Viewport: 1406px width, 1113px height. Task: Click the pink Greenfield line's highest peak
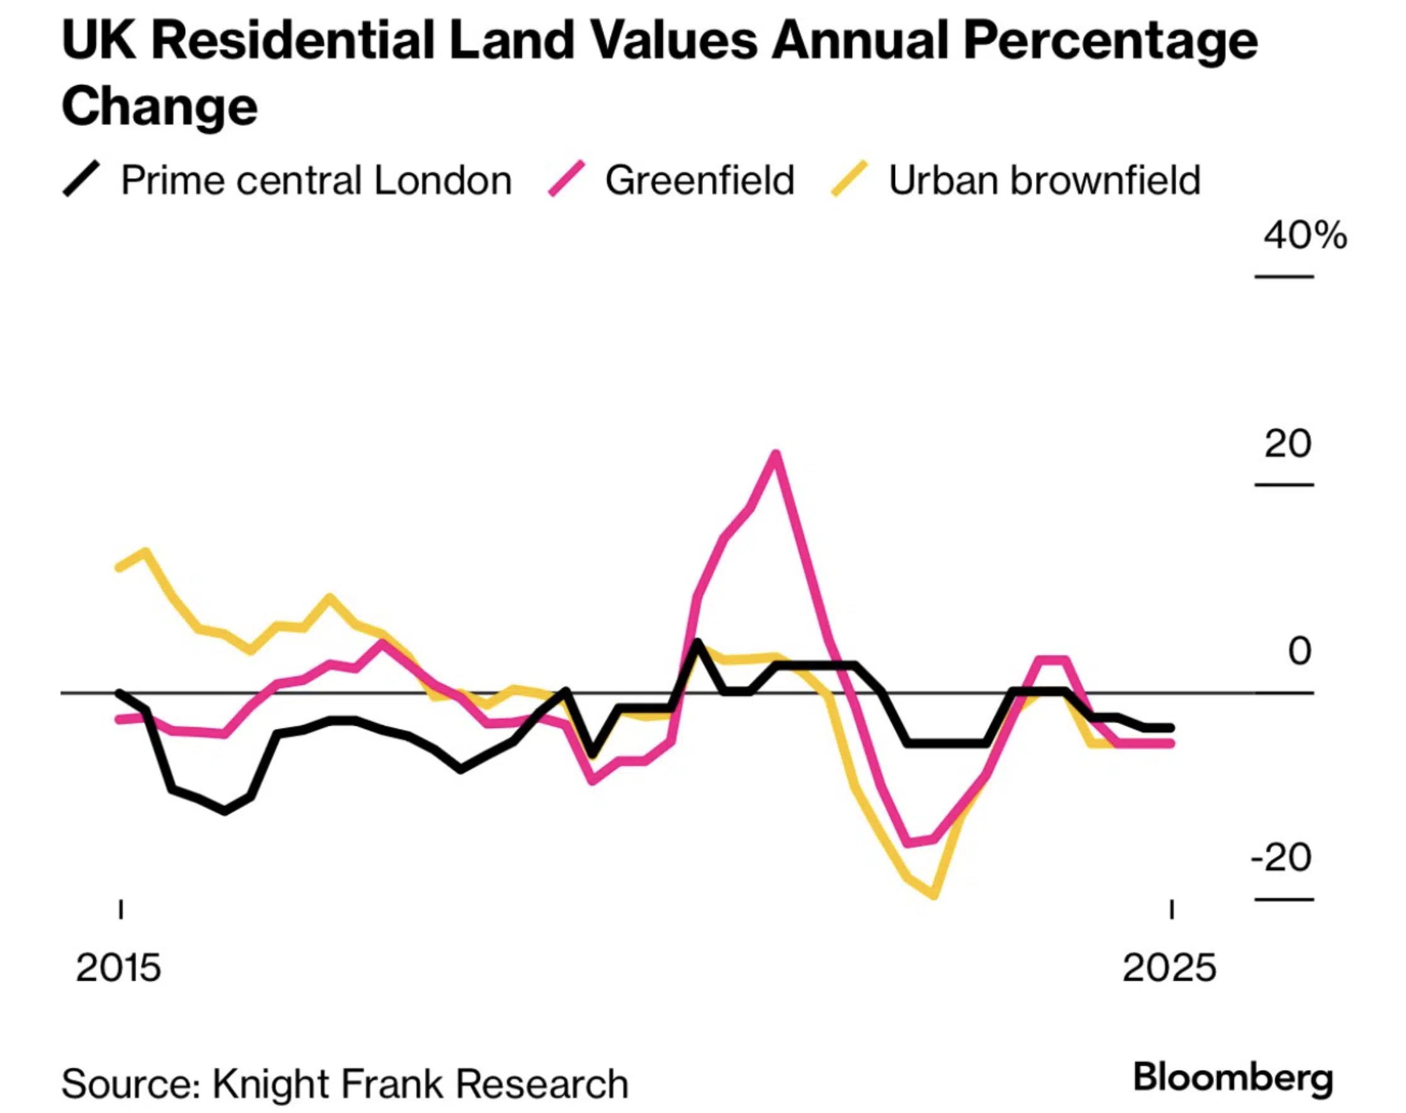point(775,454)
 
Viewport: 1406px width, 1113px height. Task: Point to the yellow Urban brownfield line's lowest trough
point(935,895)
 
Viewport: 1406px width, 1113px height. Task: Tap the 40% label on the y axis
point(1305,235)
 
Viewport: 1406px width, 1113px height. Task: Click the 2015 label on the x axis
point(118,968)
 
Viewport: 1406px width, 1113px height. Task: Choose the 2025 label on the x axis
point(1169,968)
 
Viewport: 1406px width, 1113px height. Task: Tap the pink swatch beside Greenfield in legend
point(566,179)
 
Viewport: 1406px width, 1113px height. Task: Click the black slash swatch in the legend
point(81,179)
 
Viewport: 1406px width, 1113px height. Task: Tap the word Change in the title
point(160,106)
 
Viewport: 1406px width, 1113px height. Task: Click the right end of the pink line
point(1171,743)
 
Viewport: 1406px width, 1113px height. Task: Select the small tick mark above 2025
point(1171,910)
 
